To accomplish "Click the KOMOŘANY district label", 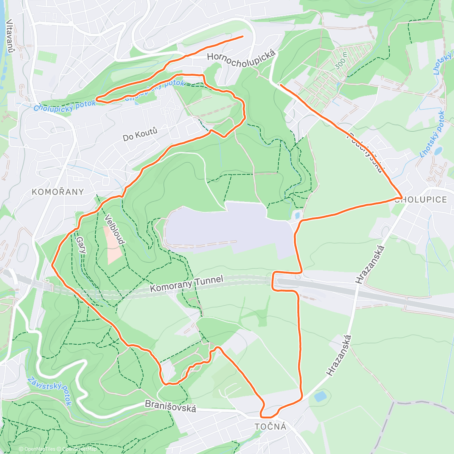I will coord(58,192).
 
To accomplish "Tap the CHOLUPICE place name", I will coord(421,200).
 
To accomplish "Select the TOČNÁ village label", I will coord(271,427).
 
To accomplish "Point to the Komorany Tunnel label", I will coord(187,284).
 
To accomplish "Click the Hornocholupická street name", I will coord(241,59).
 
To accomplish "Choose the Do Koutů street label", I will coord(140,134).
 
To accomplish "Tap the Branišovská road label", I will coord(171,406).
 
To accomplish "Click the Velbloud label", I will coord(114,230).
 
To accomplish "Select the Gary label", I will coord(81,245).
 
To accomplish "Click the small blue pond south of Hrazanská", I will coord(320,396).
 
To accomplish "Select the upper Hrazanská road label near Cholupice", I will coord(370,264).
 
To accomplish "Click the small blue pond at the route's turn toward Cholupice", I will coord(297,216).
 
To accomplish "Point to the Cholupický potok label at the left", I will coord(64,105).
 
